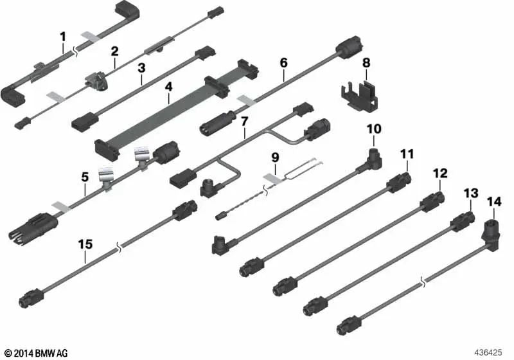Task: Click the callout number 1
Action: [x=62, y=37]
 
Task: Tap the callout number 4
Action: [x=168, y=87]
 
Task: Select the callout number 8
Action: [x=366, y=62]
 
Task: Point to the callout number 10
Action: [x=374, y=129]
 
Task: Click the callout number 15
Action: [x=85, y=244]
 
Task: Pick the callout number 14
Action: [x=494, y=202]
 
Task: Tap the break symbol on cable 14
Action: [x=423, y=282]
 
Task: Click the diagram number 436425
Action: [x=488, y=353]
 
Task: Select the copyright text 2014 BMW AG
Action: [x=37, y=353]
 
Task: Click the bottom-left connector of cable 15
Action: [x=31, y=298]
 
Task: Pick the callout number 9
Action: [x=276, y=157]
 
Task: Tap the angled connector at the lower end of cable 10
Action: [x=224, y=244]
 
